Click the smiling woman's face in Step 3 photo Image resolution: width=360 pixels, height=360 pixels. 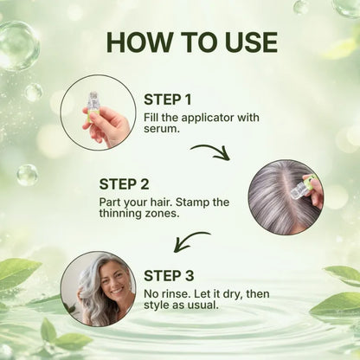click(110, 285)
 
